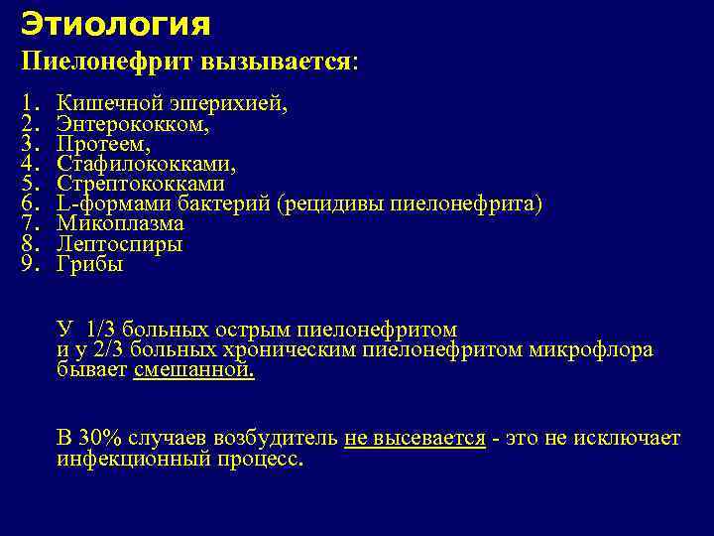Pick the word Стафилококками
146,164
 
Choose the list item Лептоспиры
119,243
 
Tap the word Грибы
90,264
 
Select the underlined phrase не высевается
415,439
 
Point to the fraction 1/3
101,329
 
